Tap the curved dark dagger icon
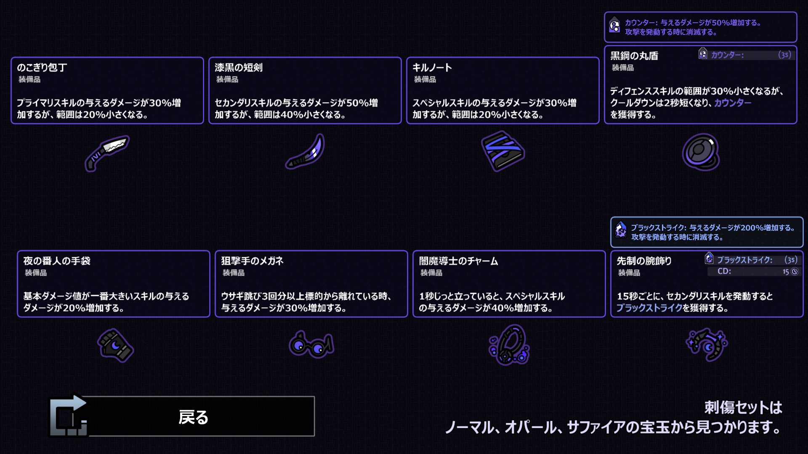(x=306, y=152)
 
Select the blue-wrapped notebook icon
(x=503, y=151)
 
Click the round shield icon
(x=701, y=152)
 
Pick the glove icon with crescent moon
(x=115, y=345)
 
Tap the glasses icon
(x=311, y=345)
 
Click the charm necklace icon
(x=509, y=345)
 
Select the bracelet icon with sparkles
(x=707, y=345)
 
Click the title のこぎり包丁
(x=42, y=68)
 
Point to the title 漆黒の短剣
(x=239, y=68)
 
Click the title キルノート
(x=432, y=68)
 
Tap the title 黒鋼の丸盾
(x=634, y=56)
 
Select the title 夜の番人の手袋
(x=57, y=261)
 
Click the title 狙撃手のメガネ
(x=252, y=261)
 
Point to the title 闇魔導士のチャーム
(x=459, y=261)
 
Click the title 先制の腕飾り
(x=644, y=261)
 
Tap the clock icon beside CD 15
(x=795, y=272)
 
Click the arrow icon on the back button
(x=69, y=416)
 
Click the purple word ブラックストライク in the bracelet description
(x=649, y=308)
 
